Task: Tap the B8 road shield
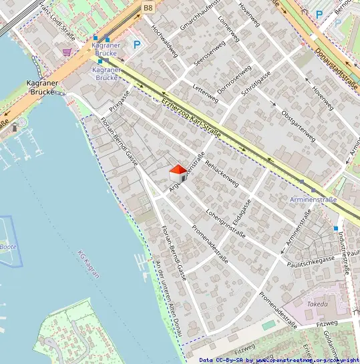click(148, 7)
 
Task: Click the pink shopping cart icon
click(67, 51)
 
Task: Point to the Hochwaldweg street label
click(165, 43)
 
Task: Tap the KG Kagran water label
click(89, 263)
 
